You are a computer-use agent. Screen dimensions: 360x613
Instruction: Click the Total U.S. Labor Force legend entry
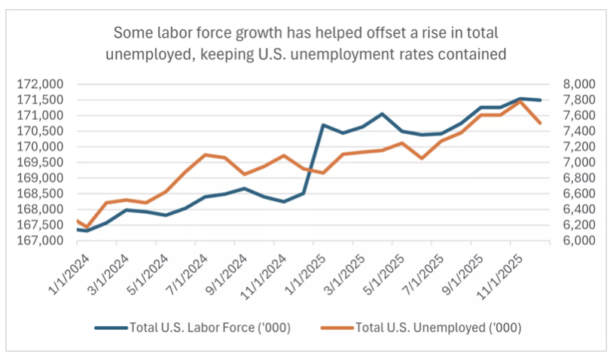pyautogui.click(x=194, y=328)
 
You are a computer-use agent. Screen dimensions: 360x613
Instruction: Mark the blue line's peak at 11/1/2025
pyautogui.click(x=520, y=99)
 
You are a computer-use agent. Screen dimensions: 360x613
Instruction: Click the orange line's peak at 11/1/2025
pyautogui.click(x=520, y=101)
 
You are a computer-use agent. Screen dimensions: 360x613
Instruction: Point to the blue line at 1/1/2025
pyautogui.click(x=323, y=125)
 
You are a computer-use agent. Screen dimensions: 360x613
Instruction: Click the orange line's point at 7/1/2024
pyautogui.click(x=205, y=154)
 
